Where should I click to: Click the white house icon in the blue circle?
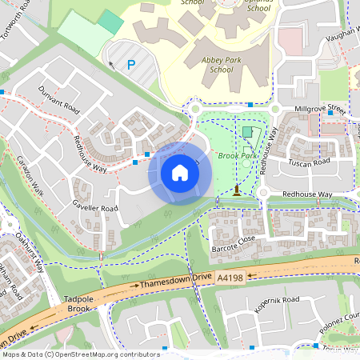(x=180, y=172)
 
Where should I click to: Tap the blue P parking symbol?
(x=131, y=65)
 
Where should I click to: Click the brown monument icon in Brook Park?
(x=237, y=190)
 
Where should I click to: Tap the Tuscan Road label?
(x=310, y=162)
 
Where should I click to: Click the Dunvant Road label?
(x=59, y=99)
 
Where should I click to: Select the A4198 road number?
(x=229, y=277)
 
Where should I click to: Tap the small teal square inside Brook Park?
(x=246, y=131)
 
